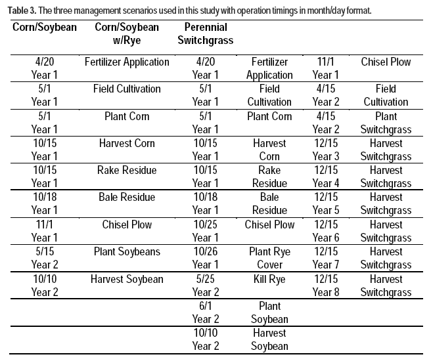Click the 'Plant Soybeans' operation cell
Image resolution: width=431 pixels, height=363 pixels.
pyautogui.click(x=127, y=251)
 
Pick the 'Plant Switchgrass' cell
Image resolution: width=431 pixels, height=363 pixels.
pyautogui.click(x=386, y=123)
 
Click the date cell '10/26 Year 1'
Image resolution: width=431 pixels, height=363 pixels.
pyautogui.click(x=205, y=258)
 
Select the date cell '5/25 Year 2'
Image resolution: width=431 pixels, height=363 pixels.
pyautogui.click(x=205, y=286)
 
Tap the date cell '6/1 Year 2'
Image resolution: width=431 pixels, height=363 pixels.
pyautogui.click(x=205, y=312)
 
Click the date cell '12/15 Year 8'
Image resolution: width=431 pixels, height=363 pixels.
pyautogui.click(x=326, y=286)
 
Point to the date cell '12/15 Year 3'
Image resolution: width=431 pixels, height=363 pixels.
pyautogui.click(x=326, y=150)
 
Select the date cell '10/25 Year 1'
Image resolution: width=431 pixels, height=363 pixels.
pyautogui.click(x=205, y=231)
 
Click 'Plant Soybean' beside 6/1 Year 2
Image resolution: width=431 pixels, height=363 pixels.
pyautogui.click(x=269, y=312)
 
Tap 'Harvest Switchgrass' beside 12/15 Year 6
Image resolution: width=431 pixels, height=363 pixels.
pyautogui.click(x=386, y=231)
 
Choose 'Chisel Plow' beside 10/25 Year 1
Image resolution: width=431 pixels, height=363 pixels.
pyautogui.click(x=269, y=224)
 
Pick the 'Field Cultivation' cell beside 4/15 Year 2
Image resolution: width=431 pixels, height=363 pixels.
pyautogui.click(x=386, y=95)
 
